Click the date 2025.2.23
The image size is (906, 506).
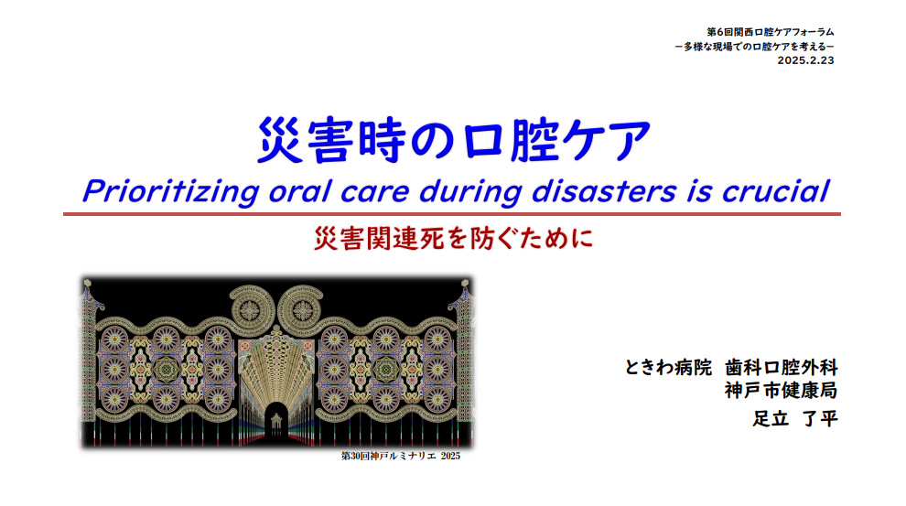pos(805,60)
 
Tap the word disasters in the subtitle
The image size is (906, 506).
pos(604,191)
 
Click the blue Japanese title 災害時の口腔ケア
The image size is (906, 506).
pos(454,140)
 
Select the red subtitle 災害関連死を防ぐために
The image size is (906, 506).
pos(454,238)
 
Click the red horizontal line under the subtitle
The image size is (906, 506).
pos(452,214)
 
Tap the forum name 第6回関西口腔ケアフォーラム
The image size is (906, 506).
pos(771,32)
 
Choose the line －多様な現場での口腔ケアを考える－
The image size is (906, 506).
pos(754,47)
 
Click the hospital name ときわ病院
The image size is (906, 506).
pos(668,367)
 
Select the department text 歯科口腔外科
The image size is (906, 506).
pos(782,367)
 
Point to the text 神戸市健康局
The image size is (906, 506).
pos(782,391)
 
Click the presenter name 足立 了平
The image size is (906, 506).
pos(795,418)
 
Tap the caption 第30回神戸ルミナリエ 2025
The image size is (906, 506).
pos(401,457)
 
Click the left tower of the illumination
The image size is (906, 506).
pos(89,362)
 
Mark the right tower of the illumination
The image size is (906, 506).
pos(464,362)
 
